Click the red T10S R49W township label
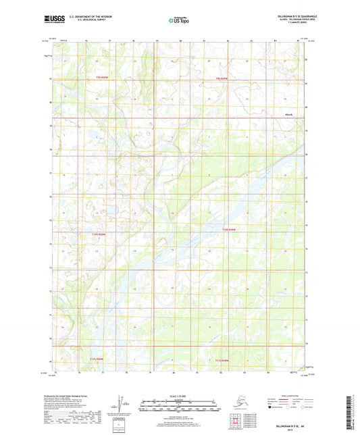(x=231, y=232)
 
